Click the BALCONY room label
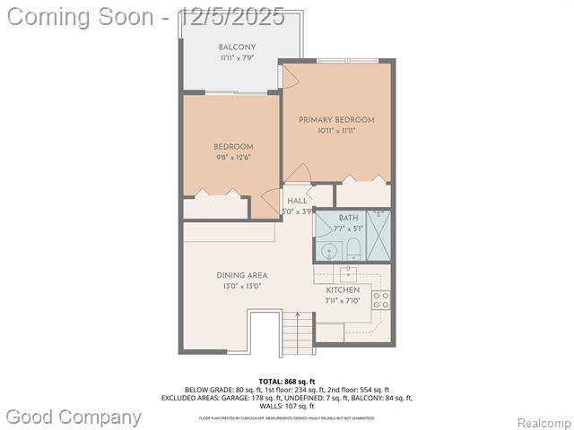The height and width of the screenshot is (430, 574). tap(237, 47)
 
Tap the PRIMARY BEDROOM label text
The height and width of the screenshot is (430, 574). tap(336, 120)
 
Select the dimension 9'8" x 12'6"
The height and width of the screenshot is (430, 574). tap(233, 157)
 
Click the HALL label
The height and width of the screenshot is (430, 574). tap(297, 201)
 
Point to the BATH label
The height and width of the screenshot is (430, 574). tap(348, 218)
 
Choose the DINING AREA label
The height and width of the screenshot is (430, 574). tap(241, 276)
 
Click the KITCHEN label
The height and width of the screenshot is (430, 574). tap(343, 290)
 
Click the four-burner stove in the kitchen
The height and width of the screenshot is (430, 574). tap(381, 299)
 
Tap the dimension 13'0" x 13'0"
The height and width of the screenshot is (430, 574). tap(241, 287)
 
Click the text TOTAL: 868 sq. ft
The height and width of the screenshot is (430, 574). tap(286, 382)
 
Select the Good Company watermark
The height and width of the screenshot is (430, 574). tap(74, 417)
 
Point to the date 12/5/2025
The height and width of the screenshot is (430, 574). tap(230, 15)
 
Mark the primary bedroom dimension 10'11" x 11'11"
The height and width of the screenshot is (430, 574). tap(336, 131)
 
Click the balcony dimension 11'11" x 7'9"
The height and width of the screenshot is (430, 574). tap(237, 58)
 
